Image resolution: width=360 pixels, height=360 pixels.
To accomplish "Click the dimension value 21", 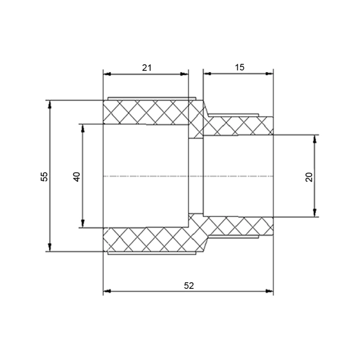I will [147, 67].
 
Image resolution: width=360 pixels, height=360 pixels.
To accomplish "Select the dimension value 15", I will [239, 67].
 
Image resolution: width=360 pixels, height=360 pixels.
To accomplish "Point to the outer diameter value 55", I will [44, 176].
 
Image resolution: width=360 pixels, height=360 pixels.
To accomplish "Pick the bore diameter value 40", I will [77, 176].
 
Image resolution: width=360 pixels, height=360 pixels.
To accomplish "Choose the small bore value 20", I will [309, 176].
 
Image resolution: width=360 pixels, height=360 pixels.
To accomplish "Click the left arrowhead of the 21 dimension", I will [107, 74].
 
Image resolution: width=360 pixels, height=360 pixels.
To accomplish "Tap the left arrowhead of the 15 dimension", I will [207, 74].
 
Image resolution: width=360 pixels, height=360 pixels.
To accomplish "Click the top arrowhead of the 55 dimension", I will [50, 104].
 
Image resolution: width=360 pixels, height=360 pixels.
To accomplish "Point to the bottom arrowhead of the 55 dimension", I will [50, 248].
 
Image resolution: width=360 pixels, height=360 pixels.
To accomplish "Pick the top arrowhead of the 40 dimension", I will [83, 128].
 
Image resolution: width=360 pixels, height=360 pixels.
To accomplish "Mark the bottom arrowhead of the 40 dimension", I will [83, 224].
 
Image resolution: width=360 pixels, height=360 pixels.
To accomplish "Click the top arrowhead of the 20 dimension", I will [315, 139].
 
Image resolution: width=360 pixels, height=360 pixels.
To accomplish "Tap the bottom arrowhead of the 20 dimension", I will [315, 213].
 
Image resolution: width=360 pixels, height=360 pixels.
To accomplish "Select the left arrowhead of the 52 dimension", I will [107, 291].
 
